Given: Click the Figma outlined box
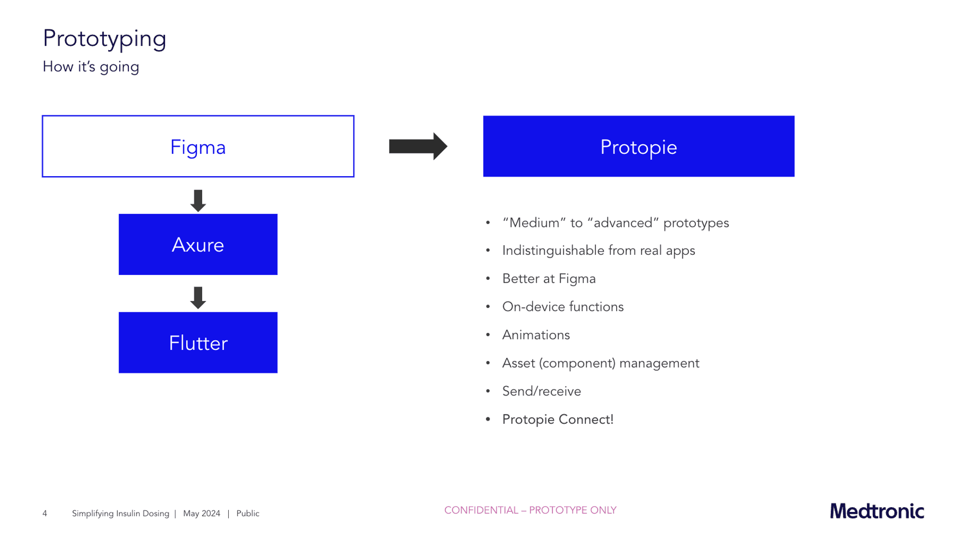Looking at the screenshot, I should pyautogui.click(x=198, y=146).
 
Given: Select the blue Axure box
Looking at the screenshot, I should pyautogui.click(x=198, y=245).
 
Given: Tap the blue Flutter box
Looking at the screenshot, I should pyautogui.click(x=198, y=343).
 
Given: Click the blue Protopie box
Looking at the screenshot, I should pyautogui.click(x=638, y=146).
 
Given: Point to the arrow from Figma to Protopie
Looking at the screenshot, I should pyautogui.click(x=418, y=146).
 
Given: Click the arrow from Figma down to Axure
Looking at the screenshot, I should pyautogui.click(x=198, y=201).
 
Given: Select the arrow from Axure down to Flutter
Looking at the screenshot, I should pyautogui.click(x=198, y=298).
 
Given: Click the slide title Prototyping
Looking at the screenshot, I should pyautogui.click(x=104, y=38).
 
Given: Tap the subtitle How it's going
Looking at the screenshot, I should pyautogui.click(x=91, y=67).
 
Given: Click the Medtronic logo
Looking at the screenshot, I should pyautogui.click(x=877, y=511).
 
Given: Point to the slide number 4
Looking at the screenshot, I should pyautogui.click(x=45, y=513).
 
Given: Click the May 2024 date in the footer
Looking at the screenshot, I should pyautogui.click(x=202, y=513).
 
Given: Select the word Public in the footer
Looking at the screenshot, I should pyautogui.click(x=248, y=513).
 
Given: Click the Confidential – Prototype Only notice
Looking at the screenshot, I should pyautogui.click(x=530, y=510).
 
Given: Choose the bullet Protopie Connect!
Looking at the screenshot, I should pyautogui.click(x=558, y=419).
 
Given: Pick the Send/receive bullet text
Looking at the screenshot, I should pyautogui.click(x=541, y=391).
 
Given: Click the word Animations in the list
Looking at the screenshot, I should pyautogui.click(x=536, y=335).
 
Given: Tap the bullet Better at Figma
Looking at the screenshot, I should pyautogui.click(x=549, y=279).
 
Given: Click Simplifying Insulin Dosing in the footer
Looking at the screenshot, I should pyautogui.click(x=121, y=513).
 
